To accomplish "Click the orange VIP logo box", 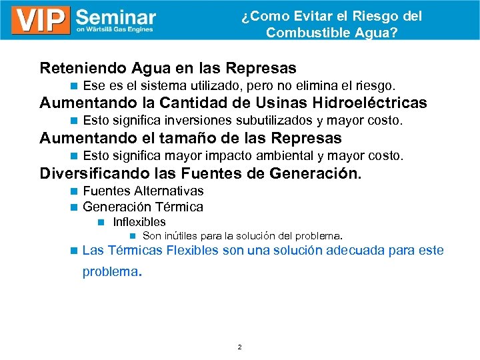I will point(41,20).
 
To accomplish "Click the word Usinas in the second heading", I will point(273,103).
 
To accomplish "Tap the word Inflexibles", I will point(139,222).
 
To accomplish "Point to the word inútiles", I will point(181,236).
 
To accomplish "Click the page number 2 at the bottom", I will point(239,347).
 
